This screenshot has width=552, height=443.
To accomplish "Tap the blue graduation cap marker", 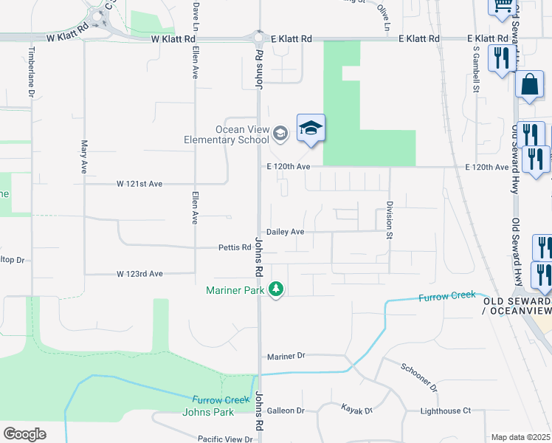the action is tap(311, 128).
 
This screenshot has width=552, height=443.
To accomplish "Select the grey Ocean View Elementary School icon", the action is tap(280, 134).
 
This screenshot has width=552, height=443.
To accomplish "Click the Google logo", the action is tap(24, 434).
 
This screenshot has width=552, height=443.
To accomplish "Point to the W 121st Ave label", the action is tap(139, 183).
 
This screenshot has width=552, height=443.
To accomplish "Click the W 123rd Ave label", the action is tap(139, 274).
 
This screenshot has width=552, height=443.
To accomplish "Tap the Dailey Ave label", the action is tap(286, 231).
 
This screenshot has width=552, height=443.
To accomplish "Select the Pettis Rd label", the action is tap(235, 247).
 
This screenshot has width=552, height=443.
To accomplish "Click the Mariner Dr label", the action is tap(286, 356).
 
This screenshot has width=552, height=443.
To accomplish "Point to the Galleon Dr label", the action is tap(286, 411).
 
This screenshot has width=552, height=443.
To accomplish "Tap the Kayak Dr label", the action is tap(357, 409).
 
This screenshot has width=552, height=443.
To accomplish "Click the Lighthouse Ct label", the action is tap(446, 411).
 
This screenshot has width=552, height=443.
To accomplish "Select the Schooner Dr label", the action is tap(419, 377).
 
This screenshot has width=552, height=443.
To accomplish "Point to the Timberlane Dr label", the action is tap(32, 72).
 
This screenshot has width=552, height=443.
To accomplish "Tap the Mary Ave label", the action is tap(84, 157).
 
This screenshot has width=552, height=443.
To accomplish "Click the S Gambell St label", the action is tap(477, 70).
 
